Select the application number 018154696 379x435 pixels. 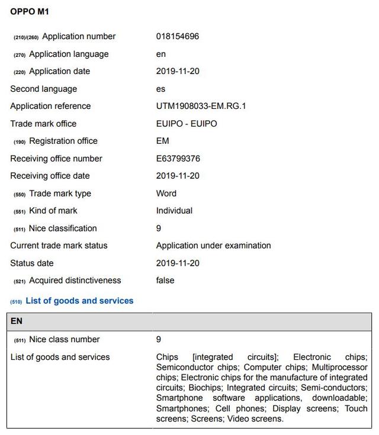[x=178, y=37]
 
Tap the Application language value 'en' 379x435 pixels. [x=161, y=54]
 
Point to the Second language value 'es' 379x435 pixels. [x=161, y=89]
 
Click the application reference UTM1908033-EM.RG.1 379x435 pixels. [x=201, y=107]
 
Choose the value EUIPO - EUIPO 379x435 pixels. [x=187, y=124]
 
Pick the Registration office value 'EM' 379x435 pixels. [x=162, y=141]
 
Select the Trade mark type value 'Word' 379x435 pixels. [x=166, y=194]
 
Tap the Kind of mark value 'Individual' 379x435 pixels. [x=174, y=211]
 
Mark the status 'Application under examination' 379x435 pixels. [x=213, y=246]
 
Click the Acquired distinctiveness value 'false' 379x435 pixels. [x=165, y=281]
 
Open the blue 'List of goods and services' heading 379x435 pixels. [x=79, y=301]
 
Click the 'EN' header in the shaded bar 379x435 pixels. [x=17, y=321]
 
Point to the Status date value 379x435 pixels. [x=178, y=263]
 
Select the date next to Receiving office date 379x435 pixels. [x=178, y=176]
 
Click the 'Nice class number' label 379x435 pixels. [x=64, y=340]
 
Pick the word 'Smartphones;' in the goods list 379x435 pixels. [x=182, y=408]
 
